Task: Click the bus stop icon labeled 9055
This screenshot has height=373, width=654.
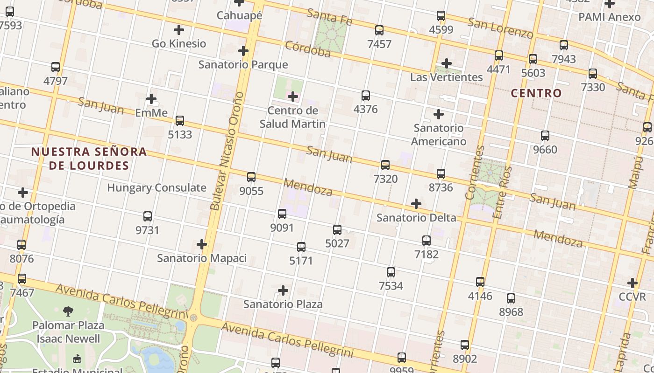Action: click(251, 177)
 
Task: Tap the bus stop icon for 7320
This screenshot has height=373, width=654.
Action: click(385, 165)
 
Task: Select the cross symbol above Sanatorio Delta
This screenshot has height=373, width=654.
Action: click(416, 204)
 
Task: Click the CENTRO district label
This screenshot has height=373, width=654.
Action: click(536, 93)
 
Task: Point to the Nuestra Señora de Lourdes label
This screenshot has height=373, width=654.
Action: click(89, 159)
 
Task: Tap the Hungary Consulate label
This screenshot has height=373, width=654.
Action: click(156, 188)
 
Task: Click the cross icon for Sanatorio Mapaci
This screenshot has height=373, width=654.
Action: click(202, 244)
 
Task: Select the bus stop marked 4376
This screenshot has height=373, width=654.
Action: click(366, 96)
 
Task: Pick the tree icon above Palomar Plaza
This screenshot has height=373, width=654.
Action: click(69, 311)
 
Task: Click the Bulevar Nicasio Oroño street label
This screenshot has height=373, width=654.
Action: click(227, 151)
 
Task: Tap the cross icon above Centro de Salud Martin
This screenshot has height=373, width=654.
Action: click(293, 97)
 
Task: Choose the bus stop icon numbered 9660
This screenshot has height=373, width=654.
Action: click(545, 136)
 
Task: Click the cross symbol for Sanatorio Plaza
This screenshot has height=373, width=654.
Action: click(283, 290)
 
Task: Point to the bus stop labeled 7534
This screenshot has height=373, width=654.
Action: click(391, 272)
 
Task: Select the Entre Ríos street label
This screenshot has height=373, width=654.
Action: click(502, 192)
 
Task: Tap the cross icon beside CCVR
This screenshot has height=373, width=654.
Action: click(633, 283)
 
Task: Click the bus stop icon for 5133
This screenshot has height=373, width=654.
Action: click(180, 121)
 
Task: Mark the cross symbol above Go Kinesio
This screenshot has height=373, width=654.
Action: click(179, 30)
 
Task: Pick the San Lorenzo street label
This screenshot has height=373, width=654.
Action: click(500, 28)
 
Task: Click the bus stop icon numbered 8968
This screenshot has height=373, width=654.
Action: click(511, 298)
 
